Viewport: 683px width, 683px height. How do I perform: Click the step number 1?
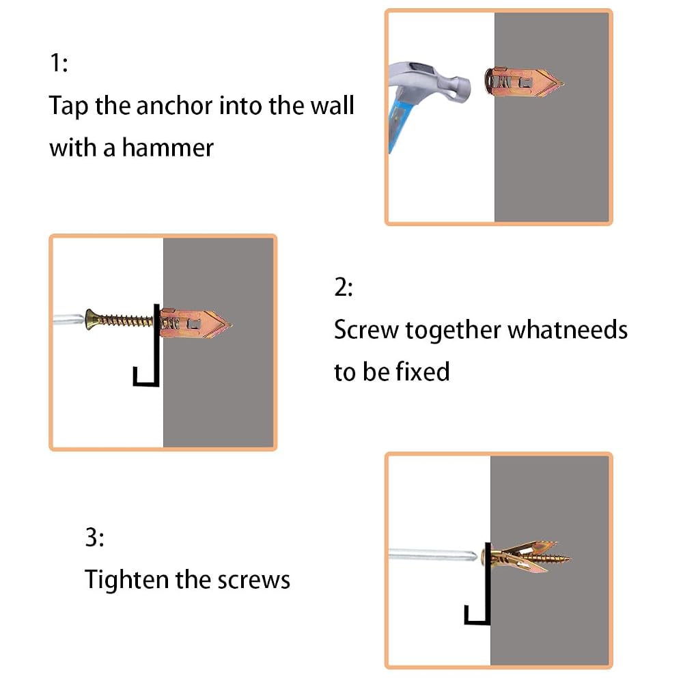point(59,63)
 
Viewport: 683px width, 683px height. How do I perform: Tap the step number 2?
point(344,288)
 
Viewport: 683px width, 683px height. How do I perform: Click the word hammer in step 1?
point(168,148)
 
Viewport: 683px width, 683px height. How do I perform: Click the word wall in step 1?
point(332,105)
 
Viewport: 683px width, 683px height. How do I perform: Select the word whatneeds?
point(568,329)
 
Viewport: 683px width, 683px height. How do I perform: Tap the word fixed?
point(422,372)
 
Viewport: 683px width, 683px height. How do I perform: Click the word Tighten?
point(126,580)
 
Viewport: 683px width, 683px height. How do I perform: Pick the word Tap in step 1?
point(68,106)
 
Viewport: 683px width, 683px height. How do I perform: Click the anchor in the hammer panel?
point(522,82)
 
